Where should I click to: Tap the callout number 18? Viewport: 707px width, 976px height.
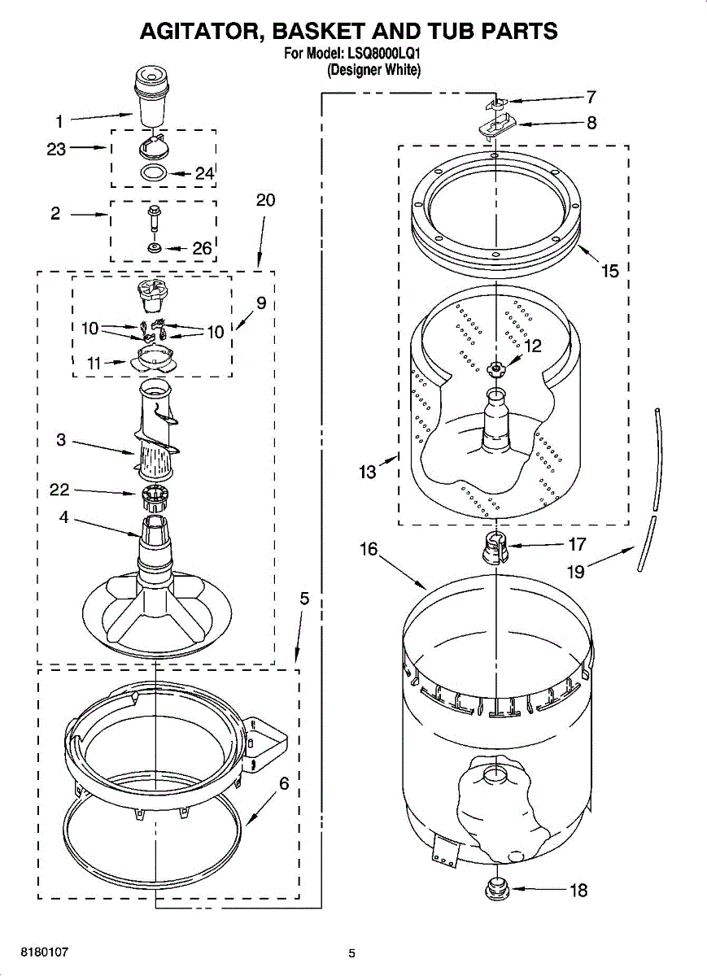tap(578, 891)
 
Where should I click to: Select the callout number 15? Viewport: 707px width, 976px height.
tap(610, 271)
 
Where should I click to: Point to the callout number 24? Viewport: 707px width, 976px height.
tap(203, 173)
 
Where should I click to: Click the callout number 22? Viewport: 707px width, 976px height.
tap(59, 490)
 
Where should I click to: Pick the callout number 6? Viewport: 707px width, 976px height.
tap(284, 784)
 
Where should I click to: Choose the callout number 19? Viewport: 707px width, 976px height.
tap(575, 572)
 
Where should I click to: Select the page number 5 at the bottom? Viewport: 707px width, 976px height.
tap(352, 953)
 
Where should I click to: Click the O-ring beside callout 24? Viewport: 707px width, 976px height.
tap(154, 172)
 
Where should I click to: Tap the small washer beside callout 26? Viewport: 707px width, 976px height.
tap(154, 247)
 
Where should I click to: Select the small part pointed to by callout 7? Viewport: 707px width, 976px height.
tap(499, 103)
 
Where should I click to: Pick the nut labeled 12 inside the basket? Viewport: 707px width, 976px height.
tap(495, 369)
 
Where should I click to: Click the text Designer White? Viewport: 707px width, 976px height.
tap(373, 71)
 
